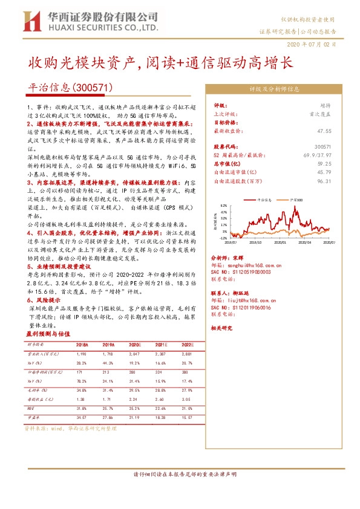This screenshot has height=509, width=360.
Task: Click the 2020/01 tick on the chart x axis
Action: click(279, 242)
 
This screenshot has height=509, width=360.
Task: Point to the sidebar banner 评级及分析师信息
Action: click(275, 88)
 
